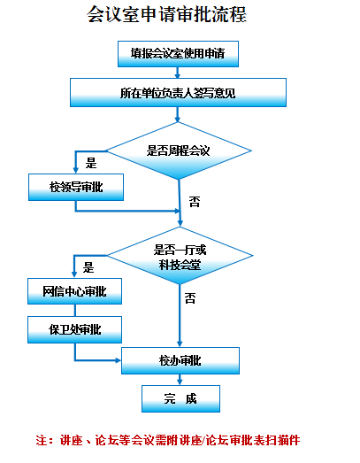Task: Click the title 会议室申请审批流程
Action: pos(166,14)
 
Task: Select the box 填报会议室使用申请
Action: pos(178,54)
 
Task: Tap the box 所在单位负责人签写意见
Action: pos(178,92)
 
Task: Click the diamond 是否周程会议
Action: pos(179,150)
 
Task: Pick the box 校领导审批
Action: pos(76,187)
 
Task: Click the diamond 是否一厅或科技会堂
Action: pos(180,256)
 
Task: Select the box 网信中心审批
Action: pos(74,291)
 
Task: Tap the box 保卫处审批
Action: pos(74,330)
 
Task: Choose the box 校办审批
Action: pos(180,360)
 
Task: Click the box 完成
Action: pos(180,398)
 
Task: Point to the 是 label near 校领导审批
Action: pos(91,163)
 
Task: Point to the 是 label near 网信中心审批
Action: pos(88,267)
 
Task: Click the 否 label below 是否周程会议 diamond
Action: pos(195,202)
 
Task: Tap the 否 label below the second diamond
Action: pos(190,298)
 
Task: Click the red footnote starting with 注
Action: pos(168,440)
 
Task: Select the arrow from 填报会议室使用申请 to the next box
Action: pos(177,73)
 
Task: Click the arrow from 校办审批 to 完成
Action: pos(180,380)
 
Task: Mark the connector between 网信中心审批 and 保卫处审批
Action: pos(74,311)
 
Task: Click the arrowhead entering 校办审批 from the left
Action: pos(119,360)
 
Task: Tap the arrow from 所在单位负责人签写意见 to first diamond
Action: pos(177,114)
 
